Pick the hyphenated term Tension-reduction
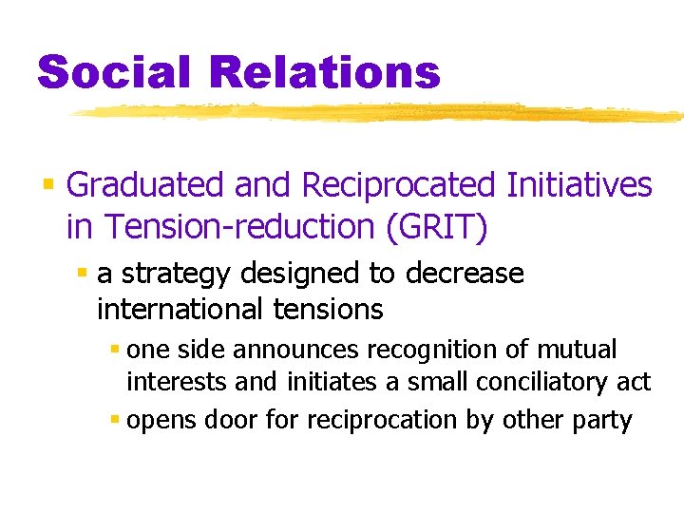229,226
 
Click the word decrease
464,274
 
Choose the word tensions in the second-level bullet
328,309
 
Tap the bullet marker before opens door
114,418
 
